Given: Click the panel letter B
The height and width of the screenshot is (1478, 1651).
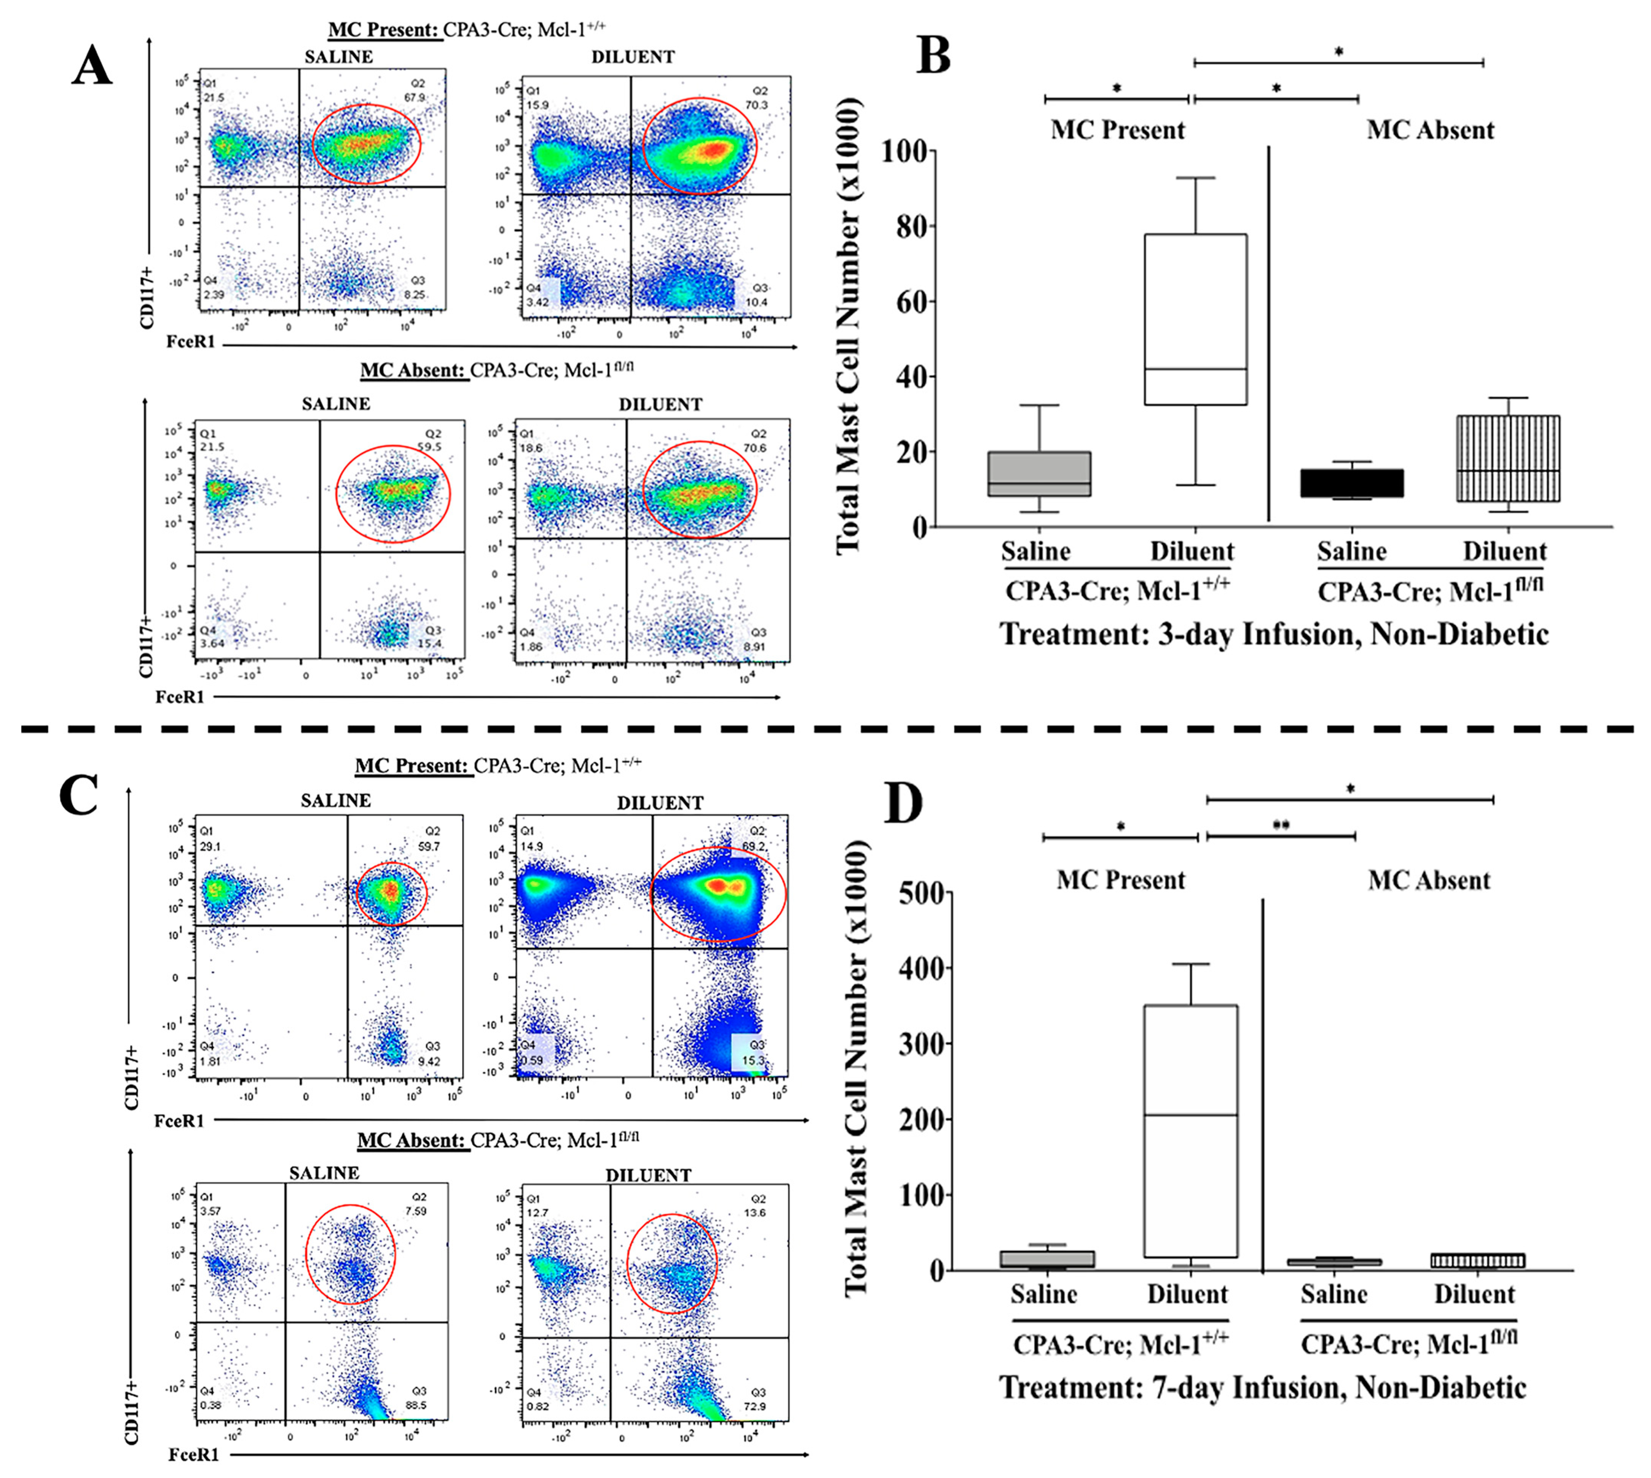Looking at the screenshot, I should [x=933, y=57].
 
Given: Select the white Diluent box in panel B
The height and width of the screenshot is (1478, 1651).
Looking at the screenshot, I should [x=1195, y=319].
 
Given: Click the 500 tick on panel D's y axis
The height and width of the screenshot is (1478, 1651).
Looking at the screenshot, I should [x=924, y=893].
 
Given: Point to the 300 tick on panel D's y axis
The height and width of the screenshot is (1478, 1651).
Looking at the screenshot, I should [x=924, y=1044].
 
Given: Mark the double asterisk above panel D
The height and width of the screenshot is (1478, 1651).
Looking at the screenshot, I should [x=1281, y=826].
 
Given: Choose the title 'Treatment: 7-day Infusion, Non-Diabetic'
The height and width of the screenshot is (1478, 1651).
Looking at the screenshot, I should [x=1262, y=1387].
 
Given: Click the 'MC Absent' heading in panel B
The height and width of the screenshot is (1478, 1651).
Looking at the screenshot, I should [x=1430, y=130].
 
